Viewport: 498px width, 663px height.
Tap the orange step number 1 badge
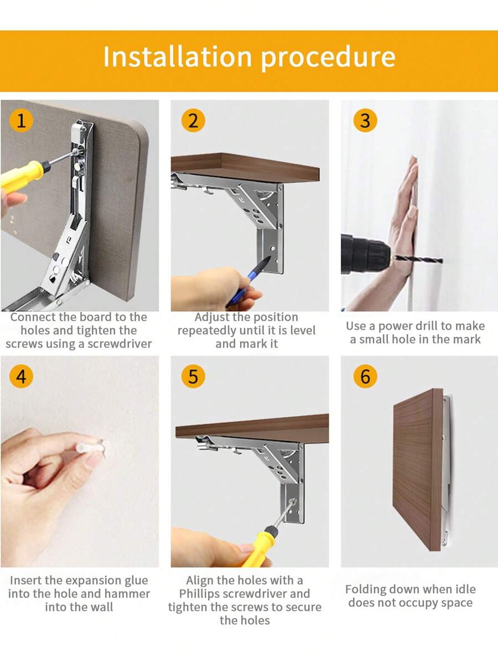click(x=21, y=120)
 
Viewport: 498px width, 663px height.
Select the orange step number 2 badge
click(x=193, y=120)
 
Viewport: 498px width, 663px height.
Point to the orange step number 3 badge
click(x=365, y=120)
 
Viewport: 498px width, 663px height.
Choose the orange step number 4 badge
click(x=21, y=376)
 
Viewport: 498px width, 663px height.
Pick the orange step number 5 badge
click(x=193, y=376)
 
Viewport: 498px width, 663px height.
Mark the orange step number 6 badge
click(x=365, y=376)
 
